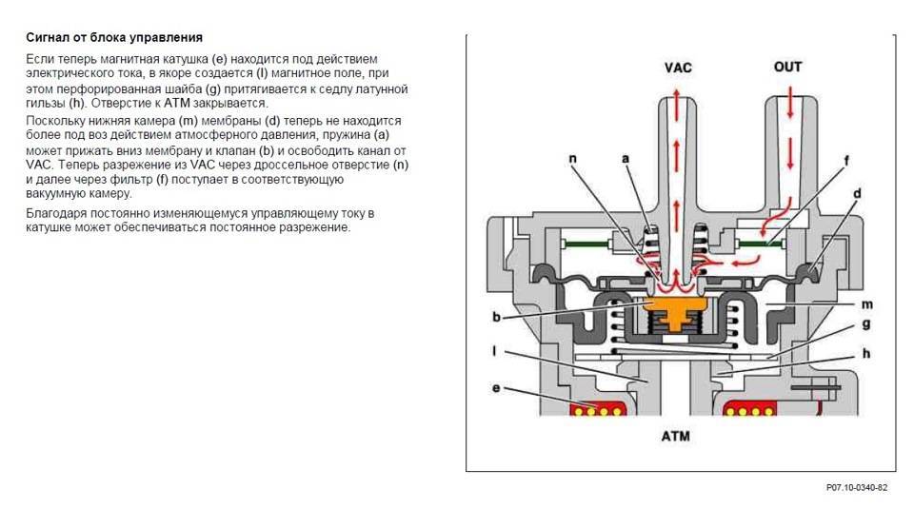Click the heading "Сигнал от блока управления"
pos(113,38)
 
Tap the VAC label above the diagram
pos(677,68)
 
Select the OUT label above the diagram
pos(787,67)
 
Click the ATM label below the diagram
pos(676,437)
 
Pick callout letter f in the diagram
pos(845,161)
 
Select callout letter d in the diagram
pos(857,194)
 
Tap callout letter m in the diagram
pos(868,303)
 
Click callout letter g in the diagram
pos(868,323)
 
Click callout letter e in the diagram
pos(496,388)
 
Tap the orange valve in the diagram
pos(677,308)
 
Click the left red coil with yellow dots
pos(596,410)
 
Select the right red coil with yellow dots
pos(752,410)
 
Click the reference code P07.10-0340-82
pos(856,487)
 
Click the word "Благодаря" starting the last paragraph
pos(55,213)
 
